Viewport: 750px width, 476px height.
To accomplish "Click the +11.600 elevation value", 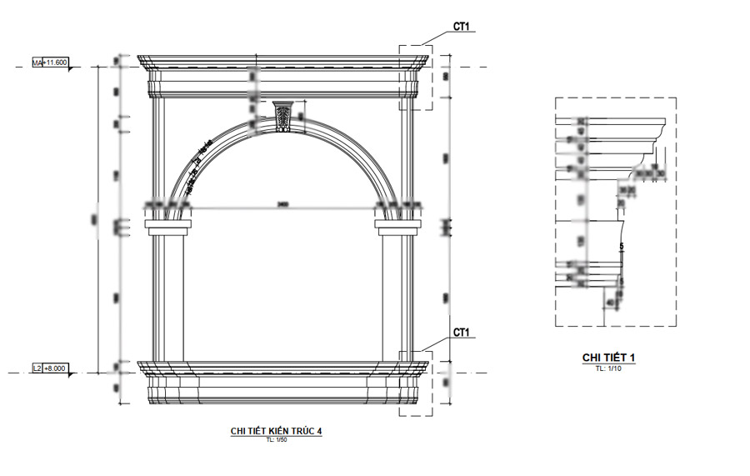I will (x=56, y=63).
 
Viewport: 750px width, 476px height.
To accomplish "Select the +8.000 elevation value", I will (x=55, y=368).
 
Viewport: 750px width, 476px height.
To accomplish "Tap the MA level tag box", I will (x=37, y=63).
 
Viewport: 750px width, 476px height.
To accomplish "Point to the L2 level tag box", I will (x=37, y=368).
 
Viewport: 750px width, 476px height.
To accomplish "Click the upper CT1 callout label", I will (x=462, y=27).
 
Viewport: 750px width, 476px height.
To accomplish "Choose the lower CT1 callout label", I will (x=462, y=333).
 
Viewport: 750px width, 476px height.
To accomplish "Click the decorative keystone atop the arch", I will (x=284, y=116).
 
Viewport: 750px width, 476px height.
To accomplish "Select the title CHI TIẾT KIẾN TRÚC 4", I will (x=276, y=431).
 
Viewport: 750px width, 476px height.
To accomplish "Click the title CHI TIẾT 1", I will (x=608, y=358).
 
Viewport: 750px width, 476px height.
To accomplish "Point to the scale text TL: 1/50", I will (x=276, y=439).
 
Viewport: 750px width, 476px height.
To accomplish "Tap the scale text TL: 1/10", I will (x=608, y=367).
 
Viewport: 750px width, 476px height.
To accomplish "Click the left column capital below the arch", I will (x=169, y=223).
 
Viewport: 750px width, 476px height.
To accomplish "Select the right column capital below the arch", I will (x=397, y=223).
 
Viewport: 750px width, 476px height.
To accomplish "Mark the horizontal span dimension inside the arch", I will (x=283, y=204).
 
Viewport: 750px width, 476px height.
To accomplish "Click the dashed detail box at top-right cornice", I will (x=416, y=77).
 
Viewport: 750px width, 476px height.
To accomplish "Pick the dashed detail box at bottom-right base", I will (x=416, y=383).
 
